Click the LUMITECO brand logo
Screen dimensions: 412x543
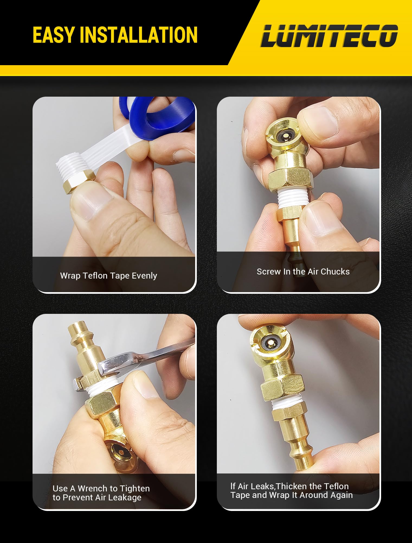[x=329, y=36]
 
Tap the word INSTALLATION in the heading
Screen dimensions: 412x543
[x=139, y=35]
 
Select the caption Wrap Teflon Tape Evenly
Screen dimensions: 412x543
[x=108, y=276]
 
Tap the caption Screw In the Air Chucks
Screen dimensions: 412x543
[x=303, y=271]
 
